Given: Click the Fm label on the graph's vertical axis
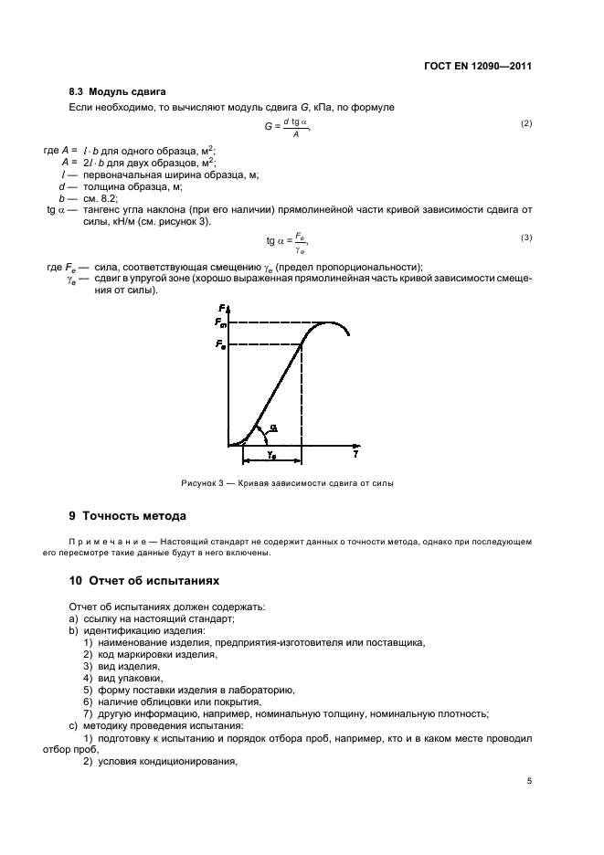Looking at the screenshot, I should point(220,322).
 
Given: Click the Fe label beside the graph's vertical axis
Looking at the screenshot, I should point(220,344).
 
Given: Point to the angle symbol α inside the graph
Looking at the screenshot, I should point(273,427).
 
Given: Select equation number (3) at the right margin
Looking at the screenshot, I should point(525,237).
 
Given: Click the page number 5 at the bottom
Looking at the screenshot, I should point(529,780).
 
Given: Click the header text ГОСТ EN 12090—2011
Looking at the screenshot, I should point(478,67).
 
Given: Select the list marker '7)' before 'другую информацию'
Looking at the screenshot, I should point(88,713).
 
